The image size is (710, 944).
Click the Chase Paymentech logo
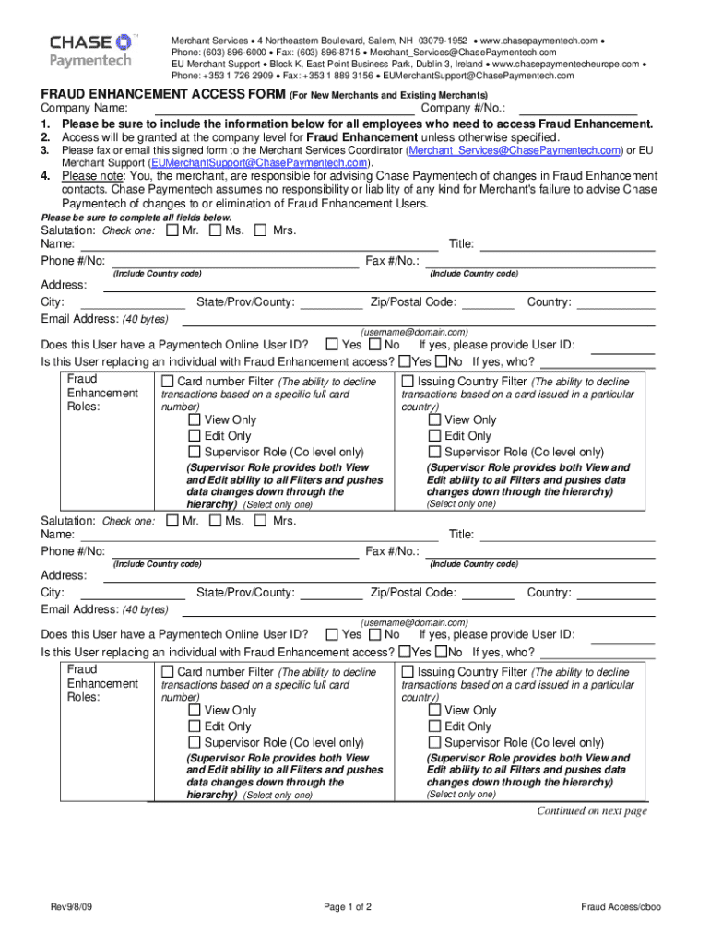click(90, 51)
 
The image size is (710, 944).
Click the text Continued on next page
click(592, 811)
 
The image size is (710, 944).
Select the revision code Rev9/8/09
click(72, 907)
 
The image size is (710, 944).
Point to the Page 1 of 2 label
click(348, 907)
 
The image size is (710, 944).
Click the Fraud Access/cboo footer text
click(621, 907)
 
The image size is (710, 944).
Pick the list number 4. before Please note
click(45, 176)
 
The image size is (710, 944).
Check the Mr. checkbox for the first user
click(172, 230)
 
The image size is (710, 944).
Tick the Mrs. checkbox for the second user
click(260, 521)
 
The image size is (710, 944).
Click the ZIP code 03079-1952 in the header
click(442, 41)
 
